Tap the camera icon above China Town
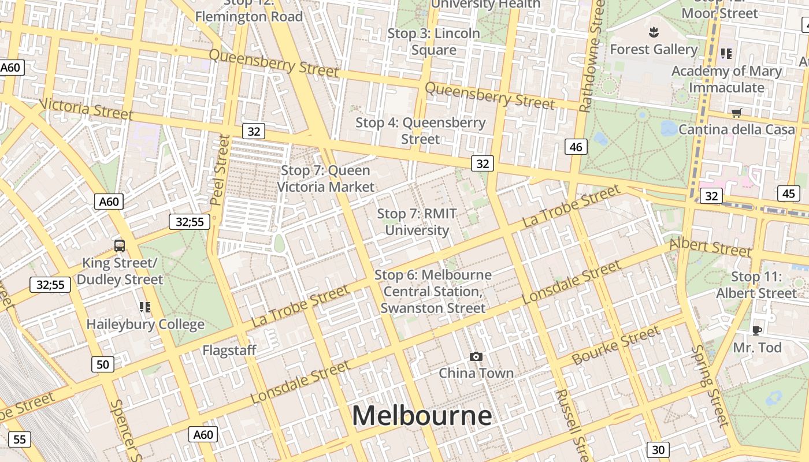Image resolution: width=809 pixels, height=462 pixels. (476, 356)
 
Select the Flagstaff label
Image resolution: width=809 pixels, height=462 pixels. (229, 350)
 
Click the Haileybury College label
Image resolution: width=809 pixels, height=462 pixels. (146, 324)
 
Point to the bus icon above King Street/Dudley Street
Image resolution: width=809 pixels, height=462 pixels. (120, 246)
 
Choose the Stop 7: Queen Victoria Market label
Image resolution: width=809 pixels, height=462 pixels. (326, 178)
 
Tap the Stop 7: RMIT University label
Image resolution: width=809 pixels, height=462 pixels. (417, 222)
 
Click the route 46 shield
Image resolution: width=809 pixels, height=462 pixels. (576, 147)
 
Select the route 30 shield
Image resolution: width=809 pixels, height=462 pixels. (658, 449)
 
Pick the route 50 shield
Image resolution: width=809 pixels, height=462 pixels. (102, 364)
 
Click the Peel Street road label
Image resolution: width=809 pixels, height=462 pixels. (220, 170)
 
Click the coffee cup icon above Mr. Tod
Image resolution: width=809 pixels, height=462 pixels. (756, 330)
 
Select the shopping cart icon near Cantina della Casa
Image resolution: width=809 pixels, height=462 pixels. (736, 113)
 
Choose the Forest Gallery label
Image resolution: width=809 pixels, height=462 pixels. (654, 50)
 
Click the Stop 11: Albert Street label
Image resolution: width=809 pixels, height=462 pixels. (756, 285)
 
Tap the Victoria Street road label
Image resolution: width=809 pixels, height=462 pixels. (87, 108)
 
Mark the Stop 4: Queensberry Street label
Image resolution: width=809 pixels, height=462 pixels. (420, 131)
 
